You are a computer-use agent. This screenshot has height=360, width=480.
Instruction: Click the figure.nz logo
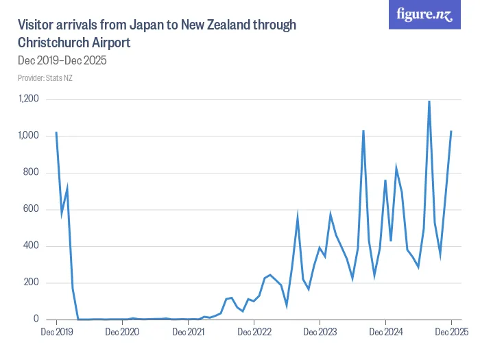point(424,15)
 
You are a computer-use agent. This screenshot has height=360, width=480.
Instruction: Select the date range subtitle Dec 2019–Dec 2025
point(62,60)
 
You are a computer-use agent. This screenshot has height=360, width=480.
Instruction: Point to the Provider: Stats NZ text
point(45,77)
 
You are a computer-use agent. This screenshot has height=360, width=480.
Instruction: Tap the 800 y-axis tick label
point(32,173)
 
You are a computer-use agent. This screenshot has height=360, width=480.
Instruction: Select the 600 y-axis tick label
point(32,209)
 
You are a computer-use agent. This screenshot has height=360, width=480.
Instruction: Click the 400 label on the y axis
point(32,246)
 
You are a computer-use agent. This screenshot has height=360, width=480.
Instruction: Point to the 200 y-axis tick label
point(32,283)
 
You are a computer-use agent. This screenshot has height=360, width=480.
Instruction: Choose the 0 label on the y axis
point(37,320)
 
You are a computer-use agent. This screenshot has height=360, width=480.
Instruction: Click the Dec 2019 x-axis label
point(56,333)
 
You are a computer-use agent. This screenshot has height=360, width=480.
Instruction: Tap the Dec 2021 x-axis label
point(188,333)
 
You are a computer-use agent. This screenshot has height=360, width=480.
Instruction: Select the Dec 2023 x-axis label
point(320,333)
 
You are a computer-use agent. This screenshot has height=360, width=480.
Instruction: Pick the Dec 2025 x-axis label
point(451,333)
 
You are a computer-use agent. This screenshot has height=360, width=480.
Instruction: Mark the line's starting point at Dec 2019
point(56,132)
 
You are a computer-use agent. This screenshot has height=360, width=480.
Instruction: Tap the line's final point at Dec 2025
point(451,131)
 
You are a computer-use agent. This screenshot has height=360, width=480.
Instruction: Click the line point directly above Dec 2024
point(385,180)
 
